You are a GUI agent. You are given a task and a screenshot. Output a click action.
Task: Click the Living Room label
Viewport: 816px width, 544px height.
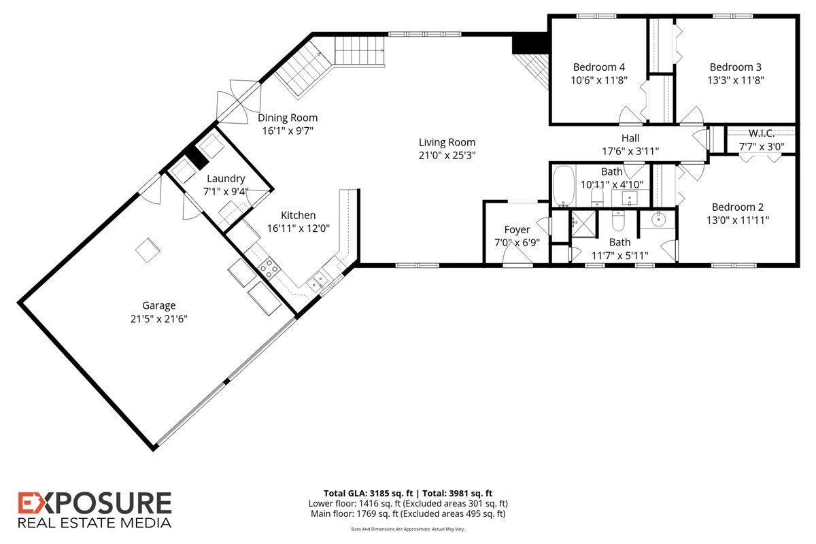[447, 142]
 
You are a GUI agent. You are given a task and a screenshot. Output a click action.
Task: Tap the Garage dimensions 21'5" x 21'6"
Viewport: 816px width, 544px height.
[159, 318]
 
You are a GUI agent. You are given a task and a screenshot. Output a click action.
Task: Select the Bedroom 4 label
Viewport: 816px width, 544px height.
[598, 67]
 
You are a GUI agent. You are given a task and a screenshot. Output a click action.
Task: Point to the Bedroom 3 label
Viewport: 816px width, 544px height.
[735, 67]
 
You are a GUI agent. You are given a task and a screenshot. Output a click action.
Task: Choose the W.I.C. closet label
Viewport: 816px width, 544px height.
[762, 133]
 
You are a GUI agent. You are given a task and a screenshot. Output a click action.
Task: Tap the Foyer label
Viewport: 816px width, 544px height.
[517, 229]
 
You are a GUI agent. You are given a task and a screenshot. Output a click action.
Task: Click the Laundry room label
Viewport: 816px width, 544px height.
[226, 179]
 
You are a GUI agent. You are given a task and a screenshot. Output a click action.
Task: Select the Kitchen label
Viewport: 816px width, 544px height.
[298, 215]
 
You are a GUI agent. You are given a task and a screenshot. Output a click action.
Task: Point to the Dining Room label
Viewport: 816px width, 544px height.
[287, 118]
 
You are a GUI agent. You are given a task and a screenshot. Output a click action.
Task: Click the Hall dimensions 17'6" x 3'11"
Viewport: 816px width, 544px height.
[630, 151]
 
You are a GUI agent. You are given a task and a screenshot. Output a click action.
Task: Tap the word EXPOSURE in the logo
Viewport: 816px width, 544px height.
[95, 504]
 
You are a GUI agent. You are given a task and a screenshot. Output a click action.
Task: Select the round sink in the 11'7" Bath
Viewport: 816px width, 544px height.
[658, 220]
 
